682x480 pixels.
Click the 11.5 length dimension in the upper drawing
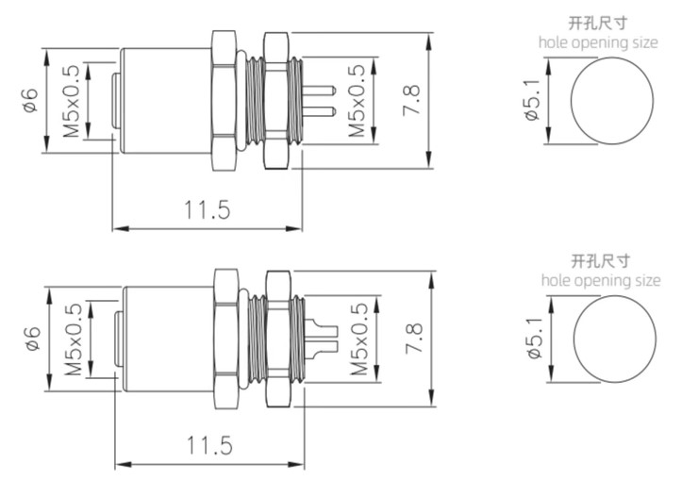208,208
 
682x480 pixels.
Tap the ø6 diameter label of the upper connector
29,101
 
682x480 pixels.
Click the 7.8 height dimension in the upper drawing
411,99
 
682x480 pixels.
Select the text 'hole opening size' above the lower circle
601,280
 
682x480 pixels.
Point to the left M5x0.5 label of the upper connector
72,101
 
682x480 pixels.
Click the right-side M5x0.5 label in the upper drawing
356,100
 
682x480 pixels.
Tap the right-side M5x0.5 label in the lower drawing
358,339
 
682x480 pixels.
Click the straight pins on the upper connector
319,101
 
